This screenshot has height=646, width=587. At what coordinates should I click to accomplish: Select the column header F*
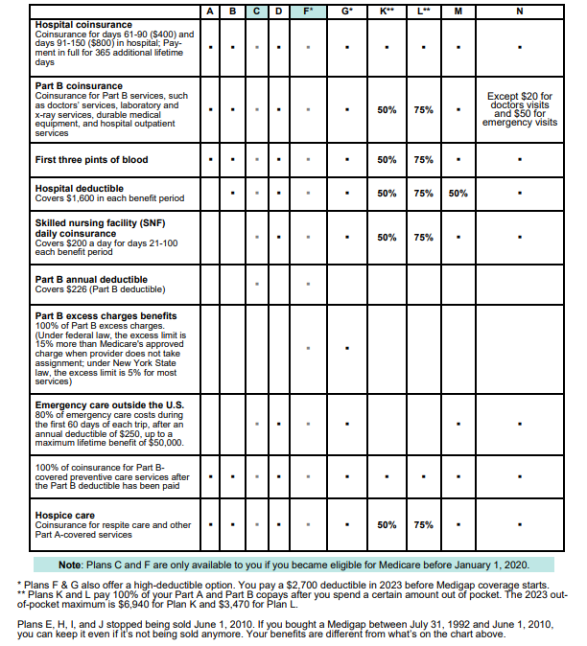[x=308, y=11]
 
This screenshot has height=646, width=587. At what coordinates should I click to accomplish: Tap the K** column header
[x=387, y=11]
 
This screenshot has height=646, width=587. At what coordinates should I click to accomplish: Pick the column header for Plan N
[x=519, y=11]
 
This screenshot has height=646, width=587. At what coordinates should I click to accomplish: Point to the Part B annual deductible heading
[x=91, y=279]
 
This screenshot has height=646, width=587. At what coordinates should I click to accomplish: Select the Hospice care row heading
[x=66, y=516]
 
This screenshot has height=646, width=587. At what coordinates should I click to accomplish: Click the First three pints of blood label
[x=91, y=159]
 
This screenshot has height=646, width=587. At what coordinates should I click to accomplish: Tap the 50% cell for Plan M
[x=458, y=194]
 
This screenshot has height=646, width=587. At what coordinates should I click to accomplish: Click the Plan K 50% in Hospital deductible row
[x=387, y=194]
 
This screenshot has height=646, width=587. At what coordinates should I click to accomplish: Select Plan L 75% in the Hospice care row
[x=423, y=525]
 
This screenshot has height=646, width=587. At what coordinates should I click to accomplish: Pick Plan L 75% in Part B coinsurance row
[x=423, y=110]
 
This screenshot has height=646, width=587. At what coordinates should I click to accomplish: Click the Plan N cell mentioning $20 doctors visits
[x=519, y=109]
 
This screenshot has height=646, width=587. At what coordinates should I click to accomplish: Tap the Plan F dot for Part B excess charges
[x=308, y=348]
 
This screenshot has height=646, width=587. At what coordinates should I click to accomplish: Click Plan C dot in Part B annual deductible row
[x=256, y=284]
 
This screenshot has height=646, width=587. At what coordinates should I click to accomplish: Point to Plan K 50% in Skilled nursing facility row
[x=387, y=237]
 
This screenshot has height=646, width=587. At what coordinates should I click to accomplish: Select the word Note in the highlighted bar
[x=71, y=565]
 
